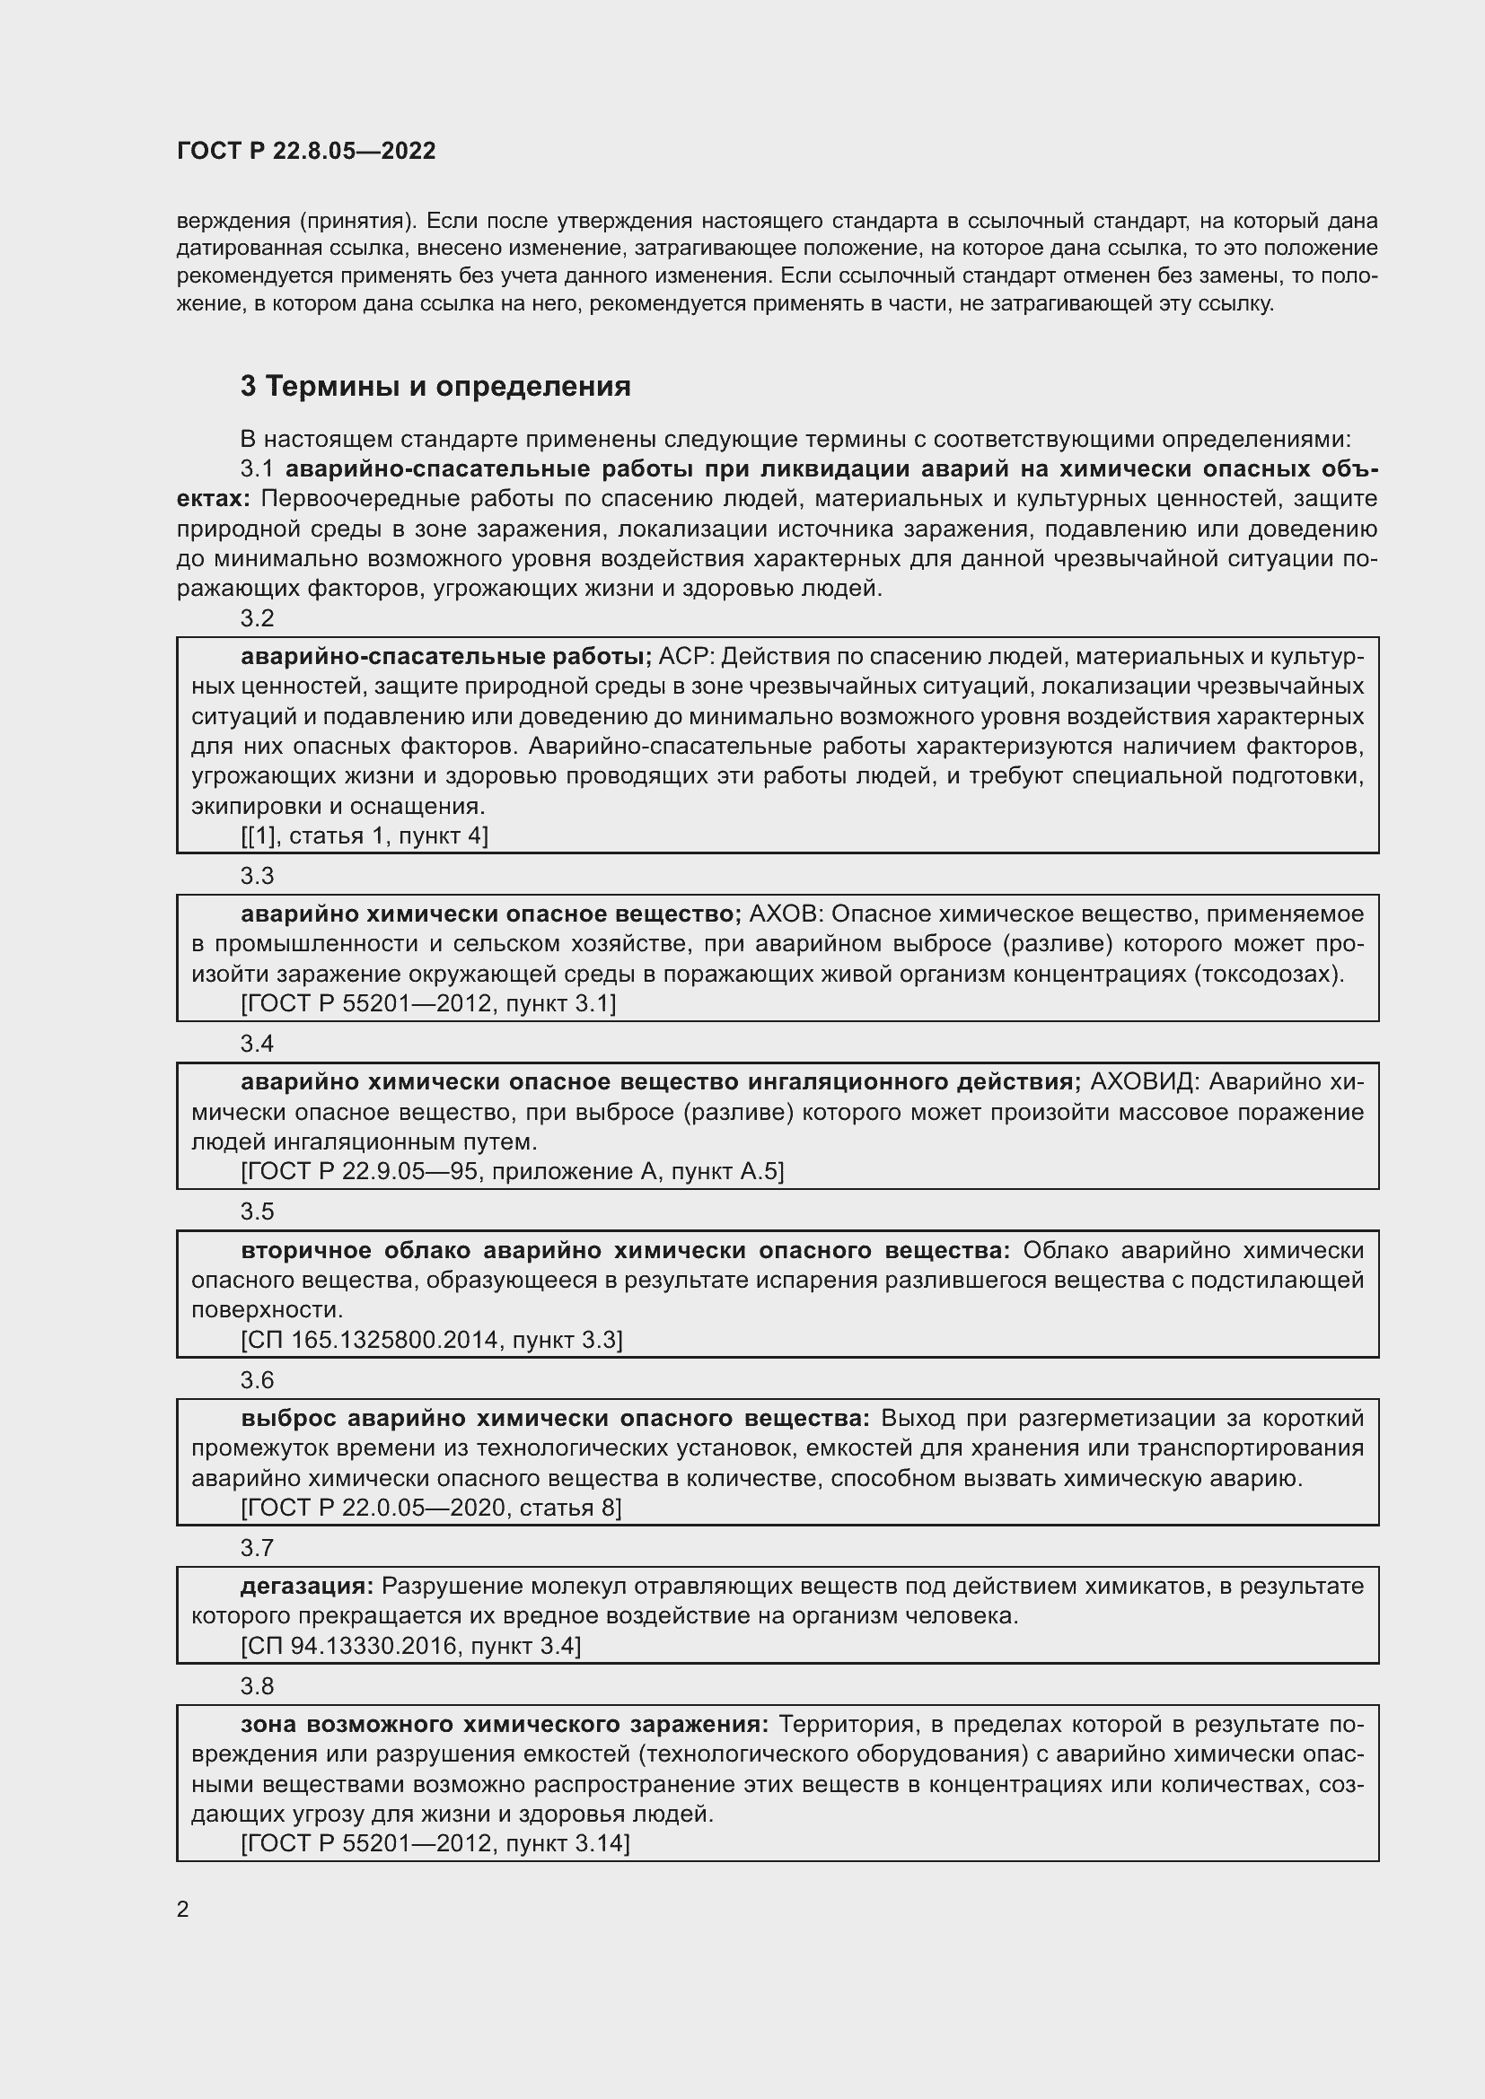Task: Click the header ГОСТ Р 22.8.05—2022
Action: [306, 151]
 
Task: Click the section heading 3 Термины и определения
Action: [435, 387]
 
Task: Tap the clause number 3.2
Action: [257, 619]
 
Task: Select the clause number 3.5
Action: [257, 1211]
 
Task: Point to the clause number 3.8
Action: [257, 1686]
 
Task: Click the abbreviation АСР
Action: [683, 656]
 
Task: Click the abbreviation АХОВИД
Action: [1142, 1081]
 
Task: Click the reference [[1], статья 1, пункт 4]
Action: [365, 835]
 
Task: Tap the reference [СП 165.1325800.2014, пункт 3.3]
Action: [432, 1340]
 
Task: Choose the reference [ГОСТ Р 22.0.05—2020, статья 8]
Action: [431, 1508]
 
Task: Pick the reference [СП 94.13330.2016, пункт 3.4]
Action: [410, 1646]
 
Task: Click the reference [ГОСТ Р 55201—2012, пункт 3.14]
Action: [435, 1843]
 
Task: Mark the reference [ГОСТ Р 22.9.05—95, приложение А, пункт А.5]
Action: [512, 1172]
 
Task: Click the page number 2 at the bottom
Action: [183, 1910]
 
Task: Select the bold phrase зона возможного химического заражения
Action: [505, 1724]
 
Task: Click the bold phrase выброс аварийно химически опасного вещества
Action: [556, 1418]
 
